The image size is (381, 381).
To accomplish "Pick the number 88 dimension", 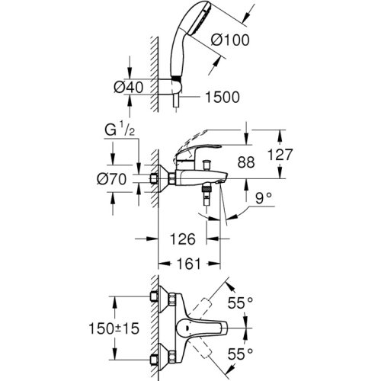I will [245, 162].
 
